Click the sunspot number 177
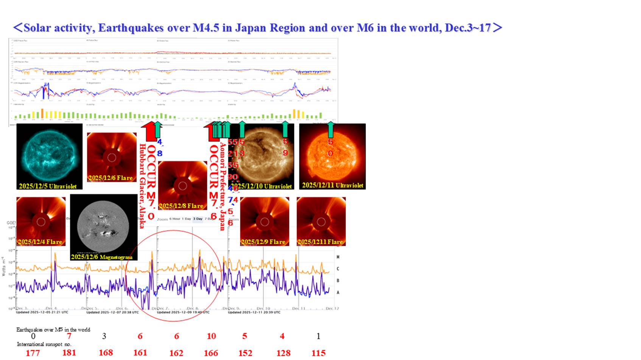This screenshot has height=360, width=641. [33, 353]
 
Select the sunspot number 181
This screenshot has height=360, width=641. [69, 353]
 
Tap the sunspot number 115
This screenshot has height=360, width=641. [318, 353]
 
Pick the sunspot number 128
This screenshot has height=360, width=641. [283, 353]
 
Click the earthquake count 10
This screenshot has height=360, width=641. [211, 336]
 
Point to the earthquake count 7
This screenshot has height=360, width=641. [69, 336]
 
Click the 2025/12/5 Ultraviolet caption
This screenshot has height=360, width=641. [48, 186]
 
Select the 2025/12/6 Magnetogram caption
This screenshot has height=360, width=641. [101, 257]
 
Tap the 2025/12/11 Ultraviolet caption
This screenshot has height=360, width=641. [333, 185]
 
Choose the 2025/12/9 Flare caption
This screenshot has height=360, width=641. [263, 242]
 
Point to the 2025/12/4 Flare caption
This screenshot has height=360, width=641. [40, 242]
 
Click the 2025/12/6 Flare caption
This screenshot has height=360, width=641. [110, 178]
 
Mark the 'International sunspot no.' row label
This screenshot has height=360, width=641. [44, 344]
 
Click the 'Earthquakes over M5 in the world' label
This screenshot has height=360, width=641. [53, 329]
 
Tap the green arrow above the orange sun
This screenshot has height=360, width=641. [330, 129]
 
